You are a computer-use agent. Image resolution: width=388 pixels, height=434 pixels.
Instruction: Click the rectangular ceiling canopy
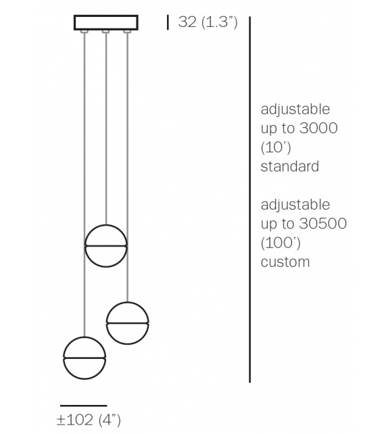pyautogui.click(x=106, y=22)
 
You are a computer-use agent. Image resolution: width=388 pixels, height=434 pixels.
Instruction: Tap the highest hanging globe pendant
pyautogui.click(x=106, y=245)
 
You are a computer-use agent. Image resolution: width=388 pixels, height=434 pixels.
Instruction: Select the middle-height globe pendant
pyautogui.click(x=127, y=322)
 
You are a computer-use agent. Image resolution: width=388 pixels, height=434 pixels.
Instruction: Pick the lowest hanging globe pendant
pyautogui.click(x=84, y=358)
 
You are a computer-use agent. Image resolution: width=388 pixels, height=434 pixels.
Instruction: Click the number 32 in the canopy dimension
pyautogui.click(x=189, y=22)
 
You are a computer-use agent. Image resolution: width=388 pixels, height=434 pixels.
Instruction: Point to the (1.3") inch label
pyautogui.click(x=219, y=22)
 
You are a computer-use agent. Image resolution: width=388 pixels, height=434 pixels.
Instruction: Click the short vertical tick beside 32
pyautogui.click(x=168, y=22)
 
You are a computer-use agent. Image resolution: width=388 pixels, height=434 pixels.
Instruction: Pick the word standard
pyautogui.click(x=289, y=166)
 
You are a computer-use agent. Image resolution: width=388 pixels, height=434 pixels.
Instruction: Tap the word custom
pyautogui.click(x=285, y=262)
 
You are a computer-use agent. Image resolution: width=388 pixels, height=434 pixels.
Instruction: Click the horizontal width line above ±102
pyautogui.click(x=84, y=405)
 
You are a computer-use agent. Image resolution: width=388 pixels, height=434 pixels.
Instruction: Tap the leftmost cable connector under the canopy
pyautogui.click(x=84, y=32)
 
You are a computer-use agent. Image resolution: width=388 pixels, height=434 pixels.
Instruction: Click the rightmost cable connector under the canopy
pyautogui.click(x=127, y=32)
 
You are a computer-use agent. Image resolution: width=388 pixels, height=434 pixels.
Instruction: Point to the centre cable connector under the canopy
pyautogui.click(x=106, y=32)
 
